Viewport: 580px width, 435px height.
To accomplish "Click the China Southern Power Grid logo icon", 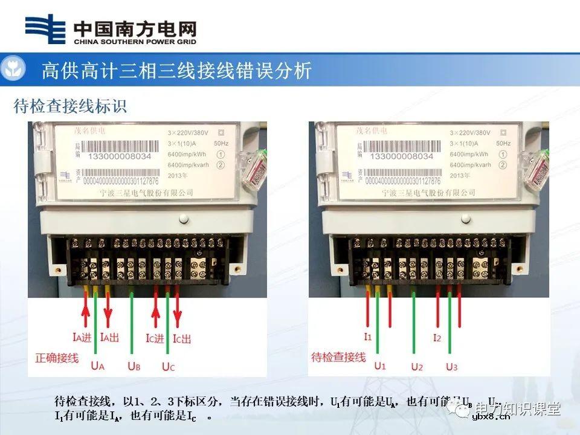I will [46, 30].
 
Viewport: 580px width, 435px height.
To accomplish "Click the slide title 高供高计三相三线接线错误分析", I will [176, 71].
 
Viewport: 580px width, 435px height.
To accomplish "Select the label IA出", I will [112, 338].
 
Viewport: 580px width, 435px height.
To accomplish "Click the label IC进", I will [155, 338].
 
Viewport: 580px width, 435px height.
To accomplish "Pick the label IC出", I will [182, 338].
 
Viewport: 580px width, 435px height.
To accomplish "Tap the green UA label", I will [98, 366].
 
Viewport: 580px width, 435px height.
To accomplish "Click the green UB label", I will [134, 366].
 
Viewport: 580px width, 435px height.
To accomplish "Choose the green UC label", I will [169, 366].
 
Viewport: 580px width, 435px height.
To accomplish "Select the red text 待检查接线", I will [338, 357].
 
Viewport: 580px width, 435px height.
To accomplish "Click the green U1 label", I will [380, 366].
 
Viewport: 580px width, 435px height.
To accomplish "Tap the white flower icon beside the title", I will [13, 69].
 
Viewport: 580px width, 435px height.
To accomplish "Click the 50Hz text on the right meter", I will [503, 143].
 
